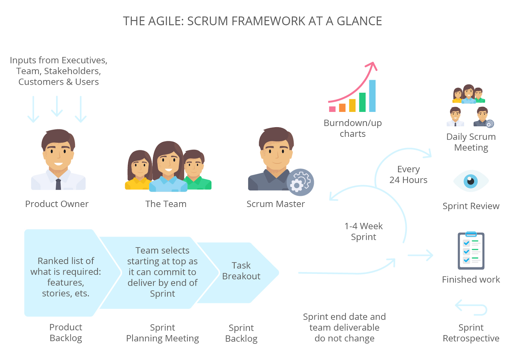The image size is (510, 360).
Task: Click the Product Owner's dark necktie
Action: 58,184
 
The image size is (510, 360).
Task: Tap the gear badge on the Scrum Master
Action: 300,182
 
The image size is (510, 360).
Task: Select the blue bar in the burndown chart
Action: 372,96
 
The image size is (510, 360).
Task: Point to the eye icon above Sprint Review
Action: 470,181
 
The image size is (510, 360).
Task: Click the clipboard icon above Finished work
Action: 471,251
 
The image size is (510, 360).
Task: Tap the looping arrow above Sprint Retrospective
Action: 471,307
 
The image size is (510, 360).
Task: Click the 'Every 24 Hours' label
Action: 408,174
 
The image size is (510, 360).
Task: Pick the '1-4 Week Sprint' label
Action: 363,231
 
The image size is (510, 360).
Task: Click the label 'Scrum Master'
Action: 275,204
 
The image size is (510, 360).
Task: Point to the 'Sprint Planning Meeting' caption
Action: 162,333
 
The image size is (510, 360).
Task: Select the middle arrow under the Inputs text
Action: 57,107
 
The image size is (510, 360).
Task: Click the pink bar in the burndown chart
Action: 332,109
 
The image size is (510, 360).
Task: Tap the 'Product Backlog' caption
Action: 66,333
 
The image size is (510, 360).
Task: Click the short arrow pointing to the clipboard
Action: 420,255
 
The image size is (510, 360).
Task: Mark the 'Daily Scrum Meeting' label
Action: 471,142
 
